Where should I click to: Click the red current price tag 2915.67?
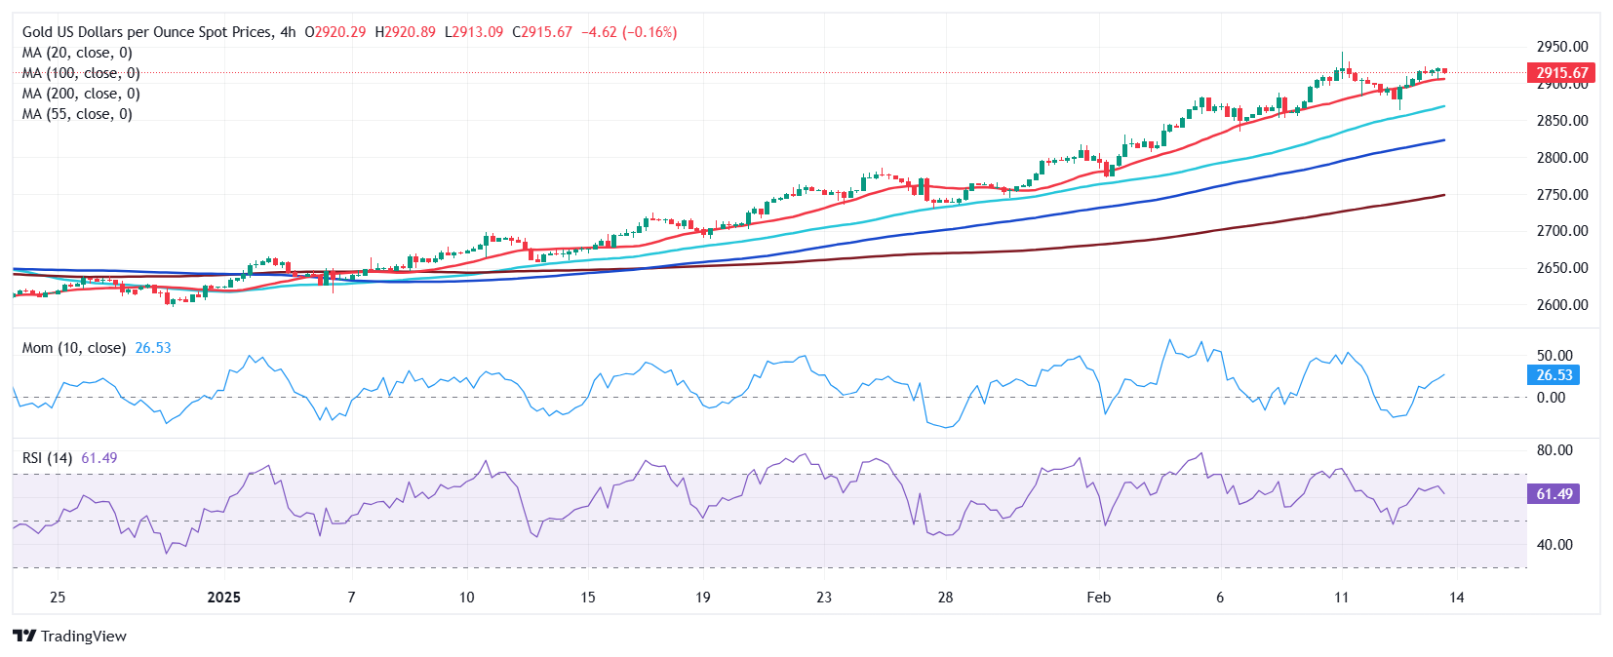[1562, 72]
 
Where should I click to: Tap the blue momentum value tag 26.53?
[1554, 375]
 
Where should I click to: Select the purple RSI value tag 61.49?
[1554, 494]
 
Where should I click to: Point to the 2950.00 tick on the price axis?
[1562, 47]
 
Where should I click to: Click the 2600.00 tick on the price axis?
[1562, 305]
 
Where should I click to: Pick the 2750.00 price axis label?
[1562, 195]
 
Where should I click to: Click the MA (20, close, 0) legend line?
[77, 53]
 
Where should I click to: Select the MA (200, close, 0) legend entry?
[81, 94]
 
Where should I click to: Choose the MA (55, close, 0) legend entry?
[77, 114]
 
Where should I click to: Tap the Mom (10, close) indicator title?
[74, 348]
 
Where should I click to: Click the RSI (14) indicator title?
[47, 458]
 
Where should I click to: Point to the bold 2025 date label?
[224, 598]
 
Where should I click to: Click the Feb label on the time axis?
[1099, 598]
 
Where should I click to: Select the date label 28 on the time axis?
[945, 598]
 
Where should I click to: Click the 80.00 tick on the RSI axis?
[1554, 450]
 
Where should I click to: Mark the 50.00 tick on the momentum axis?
[1554, 356]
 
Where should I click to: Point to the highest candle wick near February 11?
[1342, 55]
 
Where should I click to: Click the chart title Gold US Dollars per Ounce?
[146, 32]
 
